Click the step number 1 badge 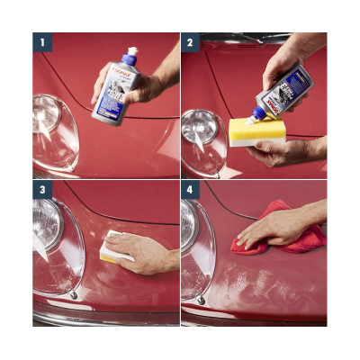click(x=40, y=41)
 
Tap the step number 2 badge click(x=190, y=41)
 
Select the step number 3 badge click(x=40, y=191)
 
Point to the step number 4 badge click(x=190, y=191)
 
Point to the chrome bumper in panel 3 click(x=99, y=318)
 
